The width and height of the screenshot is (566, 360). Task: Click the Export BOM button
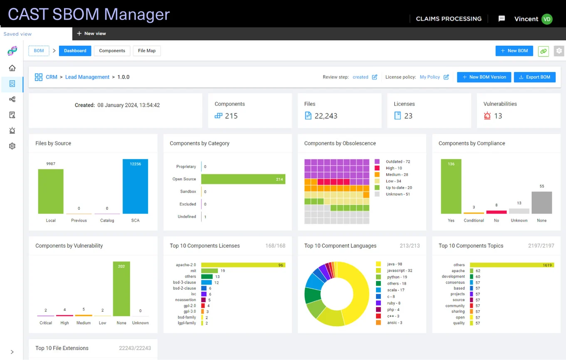pyautogui.click(x=534, y=77)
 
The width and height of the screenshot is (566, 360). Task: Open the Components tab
pyautogui.click(x=112, y=51)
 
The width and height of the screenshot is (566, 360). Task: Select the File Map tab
pyautogui.click(x=146, y=51)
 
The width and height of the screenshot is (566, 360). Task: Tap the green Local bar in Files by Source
pyautogui.click(x=51, y=191)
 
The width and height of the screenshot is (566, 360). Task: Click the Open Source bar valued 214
pyautogui.click(x=243, y=179)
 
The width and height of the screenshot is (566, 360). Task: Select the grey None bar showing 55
pyautogui.click(x=541, y=203)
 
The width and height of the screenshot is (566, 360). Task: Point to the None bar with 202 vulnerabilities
pyautogui.click(x=121, y=289)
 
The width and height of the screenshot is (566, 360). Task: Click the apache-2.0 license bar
pyautogui.click(x=243, y=265)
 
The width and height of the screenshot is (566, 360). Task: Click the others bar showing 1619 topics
pyautogui.click(x=512, y=265)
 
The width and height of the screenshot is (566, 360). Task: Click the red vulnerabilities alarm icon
pyautogui.click(x=487, y=116)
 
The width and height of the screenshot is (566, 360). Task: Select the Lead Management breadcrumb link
pyautogui.click(x=87, y=77)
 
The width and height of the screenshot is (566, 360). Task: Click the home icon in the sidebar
pyautogui.click(x=12, y=68)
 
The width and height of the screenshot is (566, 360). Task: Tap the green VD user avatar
pyautogui.click(x=547, y=19)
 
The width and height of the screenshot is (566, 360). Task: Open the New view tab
pyautogui.click(x=91, y=33)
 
